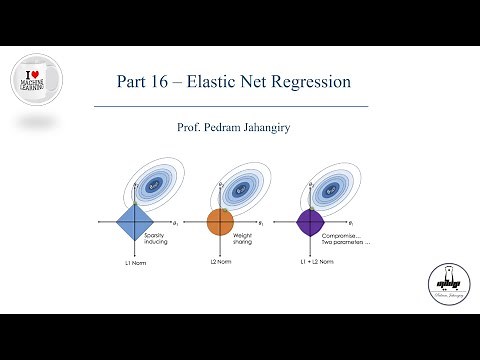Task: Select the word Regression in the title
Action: tap(322, 79)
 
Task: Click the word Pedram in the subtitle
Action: tap(222, 127)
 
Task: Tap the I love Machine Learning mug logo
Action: tap(35, 82)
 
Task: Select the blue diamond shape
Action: tap(132, 221)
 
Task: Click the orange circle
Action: tap(220, 221)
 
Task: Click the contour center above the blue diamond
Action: tap(154, 184)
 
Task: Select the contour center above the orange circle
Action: tap(242, 184)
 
